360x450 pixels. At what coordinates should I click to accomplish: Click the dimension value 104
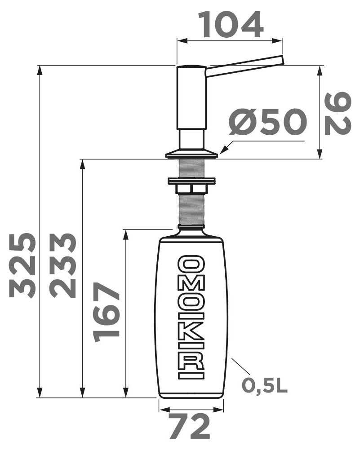(x=231, y=25)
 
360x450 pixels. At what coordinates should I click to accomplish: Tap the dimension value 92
(x=338, y=114)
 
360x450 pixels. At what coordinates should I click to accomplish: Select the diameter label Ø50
(x=268, y=122)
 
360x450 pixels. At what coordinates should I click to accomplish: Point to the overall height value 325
(x=22, y=265)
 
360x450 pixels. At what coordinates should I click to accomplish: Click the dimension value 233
(x=62, y=265)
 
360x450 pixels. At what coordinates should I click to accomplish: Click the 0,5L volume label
(x=264, y=385)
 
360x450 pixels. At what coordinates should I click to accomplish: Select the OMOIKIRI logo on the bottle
(x=191, y=317)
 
